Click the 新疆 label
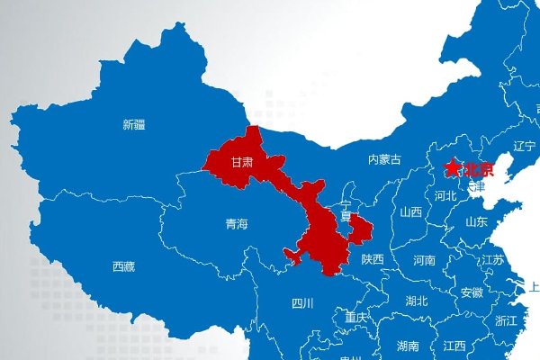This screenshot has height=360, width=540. pyautogui.click(x=133, y=125)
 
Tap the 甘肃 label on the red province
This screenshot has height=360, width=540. pyautogui.click(x=241, y=163)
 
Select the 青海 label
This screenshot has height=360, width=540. pyautogui.click(x=236, y=224)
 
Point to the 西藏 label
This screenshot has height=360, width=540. pyautogui.click(x=123, y=266)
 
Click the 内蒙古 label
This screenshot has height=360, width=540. pyautogui.click(x=384, y=159)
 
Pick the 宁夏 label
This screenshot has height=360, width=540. pyautogui.click(x=346, y=211)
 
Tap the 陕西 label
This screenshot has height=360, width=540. pyautogui.click(x=372, y=259)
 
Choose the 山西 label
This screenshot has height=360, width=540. pyautogui.click(x=411, y=212)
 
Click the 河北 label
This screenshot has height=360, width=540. pyautogui.click(x=445, y=195)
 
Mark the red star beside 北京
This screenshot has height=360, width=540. pyautogui.click(x=452, y=168)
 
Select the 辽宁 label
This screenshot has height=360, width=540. pyautogui.click(x=524, y=147)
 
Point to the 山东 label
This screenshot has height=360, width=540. pyautogui.click(x=476, y=221)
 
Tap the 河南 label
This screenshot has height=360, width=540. pyautogui.click(x=424, y=260)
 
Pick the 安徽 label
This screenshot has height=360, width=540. pyautogui.click(x=472, y=292)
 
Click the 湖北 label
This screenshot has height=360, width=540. pyautogui.click(x=416, y=301)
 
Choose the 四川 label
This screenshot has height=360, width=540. pyautogui.click(x=302, y=303)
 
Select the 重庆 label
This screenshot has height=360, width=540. pyautogui.click(x=356, y=318)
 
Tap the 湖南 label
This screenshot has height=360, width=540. pyautogui.click(x=407, y=346)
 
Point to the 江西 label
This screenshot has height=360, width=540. pyautogui.click(x=454, y=346)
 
